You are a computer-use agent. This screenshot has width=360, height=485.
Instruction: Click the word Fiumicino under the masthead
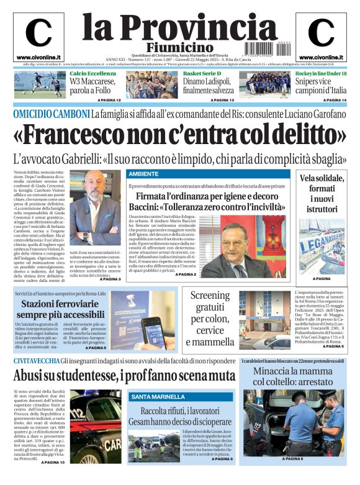tap(179, 47)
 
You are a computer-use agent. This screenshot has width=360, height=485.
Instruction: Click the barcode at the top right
tap(281, 47)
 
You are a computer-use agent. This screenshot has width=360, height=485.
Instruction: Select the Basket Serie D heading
tap(202, 74)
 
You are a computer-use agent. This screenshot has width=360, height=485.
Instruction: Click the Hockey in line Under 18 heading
tap(321, 74)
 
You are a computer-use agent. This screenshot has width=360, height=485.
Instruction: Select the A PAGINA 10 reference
tap(53, 463)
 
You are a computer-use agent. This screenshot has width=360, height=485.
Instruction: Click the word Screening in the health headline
tap(209, 296)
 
